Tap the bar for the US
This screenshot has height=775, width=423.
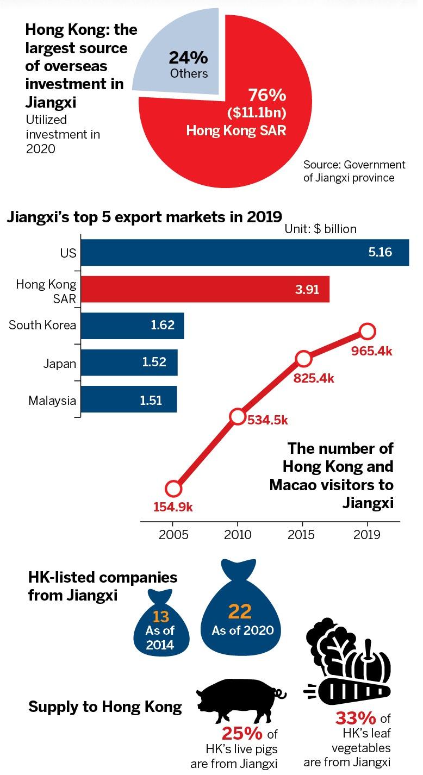tap(245, 253)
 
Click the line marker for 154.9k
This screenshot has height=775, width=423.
tap(173, 489)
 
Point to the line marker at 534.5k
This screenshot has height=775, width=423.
tap(238, 417)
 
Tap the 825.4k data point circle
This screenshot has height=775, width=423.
tap(303, 359)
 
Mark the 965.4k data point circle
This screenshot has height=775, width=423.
tap(368, 330)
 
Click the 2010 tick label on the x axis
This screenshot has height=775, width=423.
tap(238, 535)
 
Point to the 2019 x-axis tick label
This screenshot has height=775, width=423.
tap(368, 535)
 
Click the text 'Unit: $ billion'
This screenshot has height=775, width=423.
tap(321, 229)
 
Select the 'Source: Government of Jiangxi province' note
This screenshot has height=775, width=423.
tap(354, 171)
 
